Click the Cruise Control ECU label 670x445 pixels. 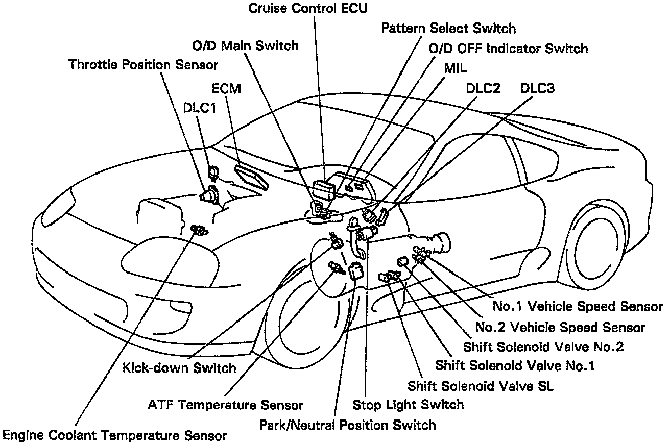[308, 8]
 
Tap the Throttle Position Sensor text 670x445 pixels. [143, 65]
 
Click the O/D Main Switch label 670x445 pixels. [245, 45]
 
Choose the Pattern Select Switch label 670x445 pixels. [449, 28]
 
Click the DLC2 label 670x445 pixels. [483, 88]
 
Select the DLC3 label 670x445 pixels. [537, 88]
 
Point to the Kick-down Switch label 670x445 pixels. [179, 367]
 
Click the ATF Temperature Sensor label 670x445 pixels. [225, 405]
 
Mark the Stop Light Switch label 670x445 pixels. [409, 405]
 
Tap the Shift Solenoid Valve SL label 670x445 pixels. [481, 385]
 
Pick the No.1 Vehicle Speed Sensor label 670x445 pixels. [578, 306]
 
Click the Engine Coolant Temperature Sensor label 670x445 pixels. [114, 435]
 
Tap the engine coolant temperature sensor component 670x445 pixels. [198, 230]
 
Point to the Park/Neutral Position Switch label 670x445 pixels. [348, 424]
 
